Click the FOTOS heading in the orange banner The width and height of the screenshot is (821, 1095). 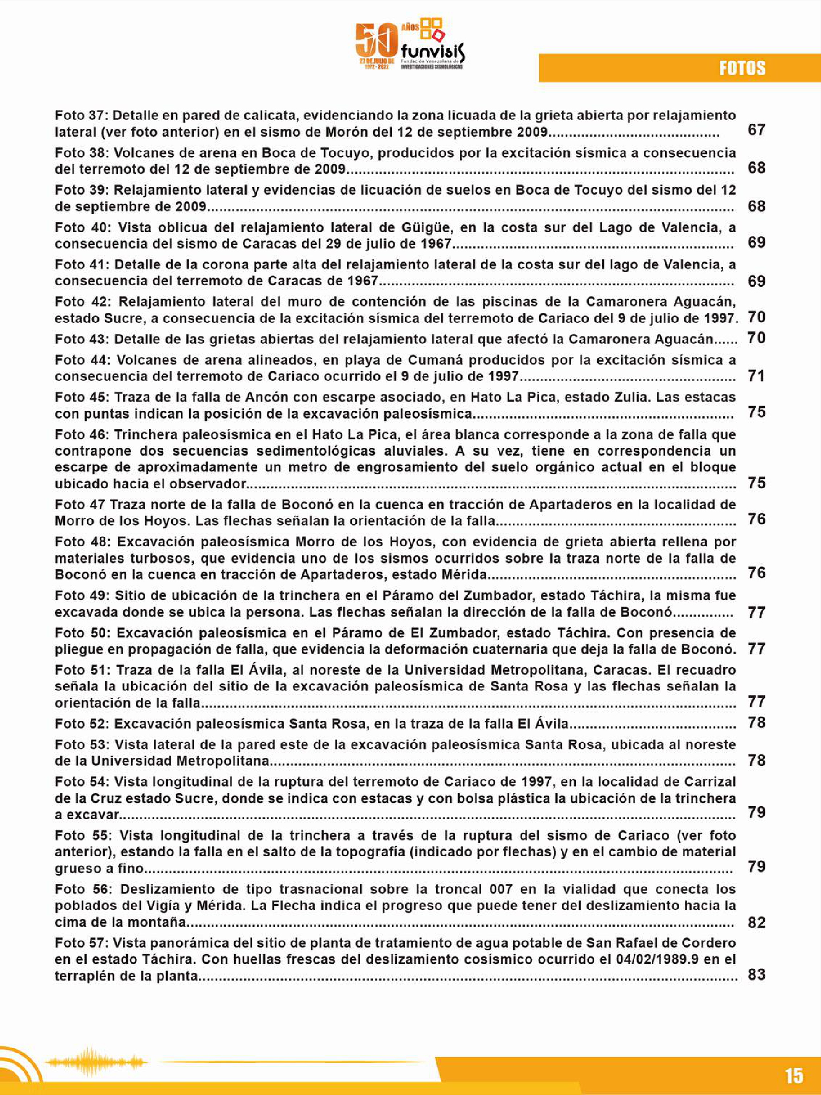tap(742, 68)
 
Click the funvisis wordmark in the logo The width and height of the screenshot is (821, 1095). tap(433, 51)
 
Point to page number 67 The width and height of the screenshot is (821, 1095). tap(756, 130)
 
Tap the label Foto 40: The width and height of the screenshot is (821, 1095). tap(82, 227)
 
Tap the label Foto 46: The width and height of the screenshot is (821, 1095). tap(82, 435)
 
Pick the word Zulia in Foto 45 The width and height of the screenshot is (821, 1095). tap(624, 397)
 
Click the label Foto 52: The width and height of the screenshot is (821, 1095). tap(82, 724)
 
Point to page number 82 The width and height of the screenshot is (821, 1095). tap(756, 922)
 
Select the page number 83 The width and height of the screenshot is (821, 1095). tap(756, 975)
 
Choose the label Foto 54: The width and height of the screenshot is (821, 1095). tap(82, 782)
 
